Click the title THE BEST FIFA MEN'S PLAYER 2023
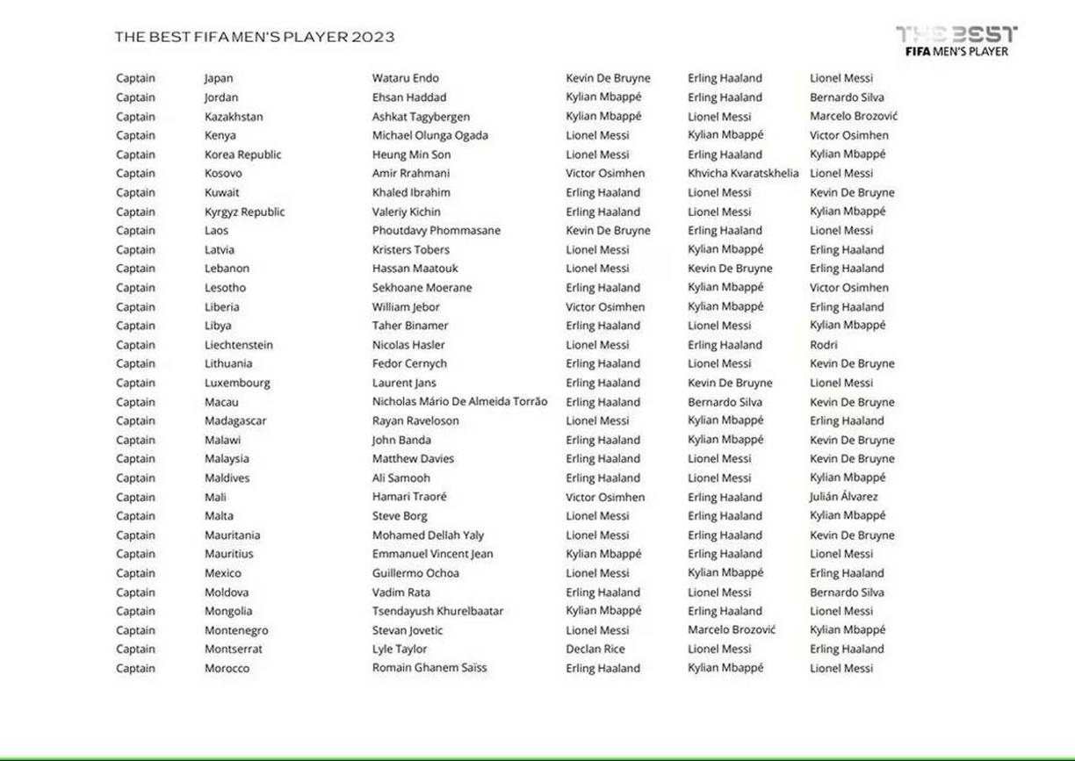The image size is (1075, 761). [255, 37]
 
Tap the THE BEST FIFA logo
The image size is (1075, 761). [956, 40]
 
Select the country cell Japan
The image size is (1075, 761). [219, 78]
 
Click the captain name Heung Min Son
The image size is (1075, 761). [411, 154]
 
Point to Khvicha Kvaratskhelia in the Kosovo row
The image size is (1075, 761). [743, 174]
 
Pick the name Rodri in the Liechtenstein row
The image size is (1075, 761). [823, 345]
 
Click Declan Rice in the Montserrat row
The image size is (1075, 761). [595, 650]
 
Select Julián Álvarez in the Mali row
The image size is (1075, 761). [843, 497]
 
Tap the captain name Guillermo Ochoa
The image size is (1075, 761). [415, 573]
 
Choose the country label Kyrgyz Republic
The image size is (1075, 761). [244, 212]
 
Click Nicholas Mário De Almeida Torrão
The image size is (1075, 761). [459, 402]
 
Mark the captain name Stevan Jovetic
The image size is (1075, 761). [408, 630]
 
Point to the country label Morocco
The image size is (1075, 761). [227, 668]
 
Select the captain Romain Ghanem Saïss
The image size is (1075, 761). [429, 668]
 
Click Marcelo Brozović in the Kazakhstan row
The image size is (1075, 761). [854, 117]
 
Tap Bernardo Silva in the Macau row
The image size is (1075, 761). [725, 402]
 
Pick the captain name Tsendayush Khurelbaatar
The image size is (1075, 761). [437, 611]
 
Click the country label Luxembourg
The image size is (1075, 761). [237, 383]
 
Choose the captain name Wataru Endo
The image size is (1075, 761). [405, 78]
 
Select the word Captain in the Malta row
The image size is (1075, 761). [135, 516]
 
